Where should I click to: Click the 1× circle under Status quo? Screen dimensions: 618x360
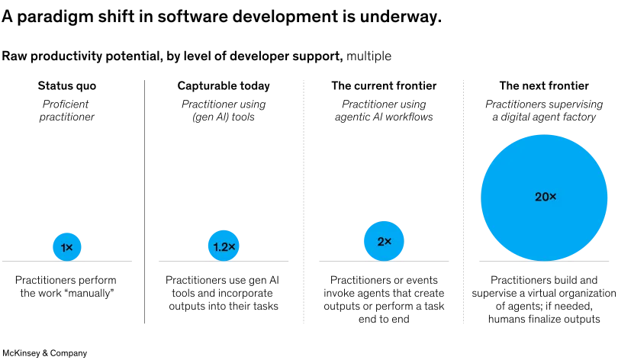click(67, 247)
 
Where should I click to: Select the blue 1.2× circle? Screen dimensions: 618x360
click(224, 246)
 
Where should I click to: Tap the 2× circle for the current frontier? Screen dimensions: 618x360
click(384, 241)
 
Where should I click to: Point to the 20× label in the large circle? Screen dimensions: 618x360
click(546, 197)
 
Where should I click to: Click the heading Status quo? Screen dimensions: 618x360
click(67, 86)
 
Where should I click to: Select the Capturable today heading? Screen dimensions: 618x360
click(224, 86)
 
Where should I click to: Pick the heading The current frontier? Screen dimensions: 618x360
click(384, 86)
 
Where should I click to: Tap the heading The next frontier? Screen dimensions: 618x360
click(544, 86)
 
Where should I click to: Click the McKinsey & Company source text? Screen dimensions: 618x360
click(44, 353)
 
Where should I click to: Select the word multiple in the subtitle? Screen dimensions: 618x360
click(369, 56)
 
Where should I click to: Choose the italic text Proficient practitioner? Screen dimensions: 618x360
click(66, 111)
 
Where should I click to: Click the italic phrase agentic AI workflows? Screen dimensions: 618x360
click(384, 117)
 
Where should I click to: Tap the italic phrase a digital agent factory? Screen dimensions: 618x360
click(544, 117)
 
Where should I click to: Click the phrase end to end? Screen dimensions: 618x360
click(384, 319)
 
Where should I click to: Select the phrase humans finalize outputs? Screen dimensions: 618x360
click(544, 319)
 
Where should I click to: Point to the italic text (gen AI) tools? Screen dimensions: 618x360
click(224, 117)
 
